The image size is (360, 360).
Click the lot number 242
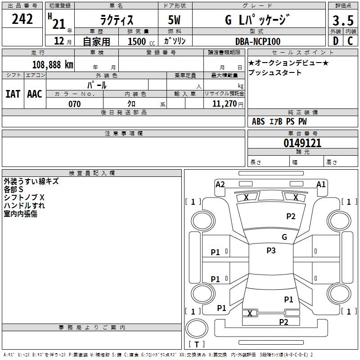[x=22, y=19]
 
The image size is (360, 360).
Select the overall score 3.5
[x=343, y=20]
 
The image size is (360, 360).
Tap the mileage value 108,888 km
[x=53, y=65]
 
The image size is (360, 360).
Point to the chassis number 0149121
[x=302, y=143]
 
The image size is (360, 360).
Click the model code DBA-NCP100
[x=258, y=41]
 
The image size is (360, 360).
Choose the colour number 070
[x=75, y=104]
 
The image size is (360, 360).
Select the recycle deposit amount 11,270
[x=224, y=104]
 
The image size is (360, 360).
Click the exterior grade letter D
[x=336, y=41]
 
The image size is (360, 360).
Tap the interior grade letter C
[x=350, y=41]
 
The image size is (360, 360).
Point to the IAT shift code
[x=13, y=94]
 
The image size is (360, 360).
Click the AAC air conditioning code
[x=35, y=94]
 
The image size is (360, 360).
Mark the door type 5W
[x=174, y=20]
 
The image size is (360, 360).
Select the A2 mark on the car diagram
[x=220, y=184]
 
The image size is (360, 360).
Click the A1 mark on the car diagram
[x=321, y=184]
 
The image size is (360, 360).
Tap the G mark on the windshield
[x=284, y=237]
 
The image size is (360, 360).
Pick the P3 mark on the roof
[x=271, y=250]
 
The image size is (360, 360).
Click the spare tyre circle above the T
[x=197, y=328]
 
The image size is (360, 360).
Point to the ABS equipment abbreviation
[x=258, y=121]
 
